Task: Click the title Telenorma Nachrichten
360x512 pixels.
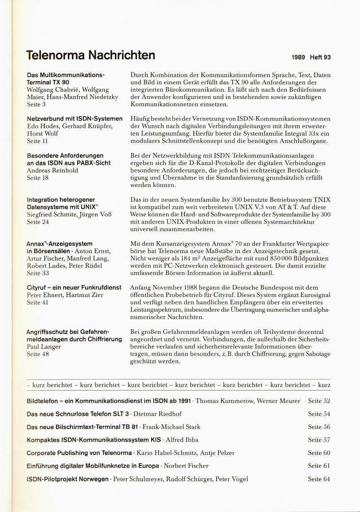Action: coord(90,55)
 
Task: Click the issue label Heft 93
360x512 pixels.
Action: coord(320,57)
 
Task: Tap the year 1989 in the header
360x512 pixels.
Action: coord(299,57)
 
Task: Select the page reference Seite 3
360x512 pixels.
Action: coord(36,104)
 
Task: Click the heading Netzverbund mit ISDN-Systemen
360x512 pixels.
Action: coord(74,119)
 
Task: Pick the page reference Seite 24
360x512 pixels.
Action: coord(38,222)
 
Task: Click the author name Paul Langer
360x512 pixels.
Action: coord(44,347)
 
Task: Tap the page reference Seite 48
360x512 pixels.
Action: coord(38,354)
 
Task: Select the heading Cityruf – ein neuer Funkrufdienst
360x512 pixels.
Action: coord(74,288)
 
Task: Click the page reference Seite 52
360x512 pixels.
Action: coord(319,401)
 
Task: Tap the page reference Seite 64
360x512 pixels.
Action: coord(319,479)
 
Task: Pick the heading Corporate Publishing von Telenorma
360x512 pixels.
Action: coord(79,453)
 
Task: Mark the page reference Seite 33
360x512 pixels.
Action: coord(38,273)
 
